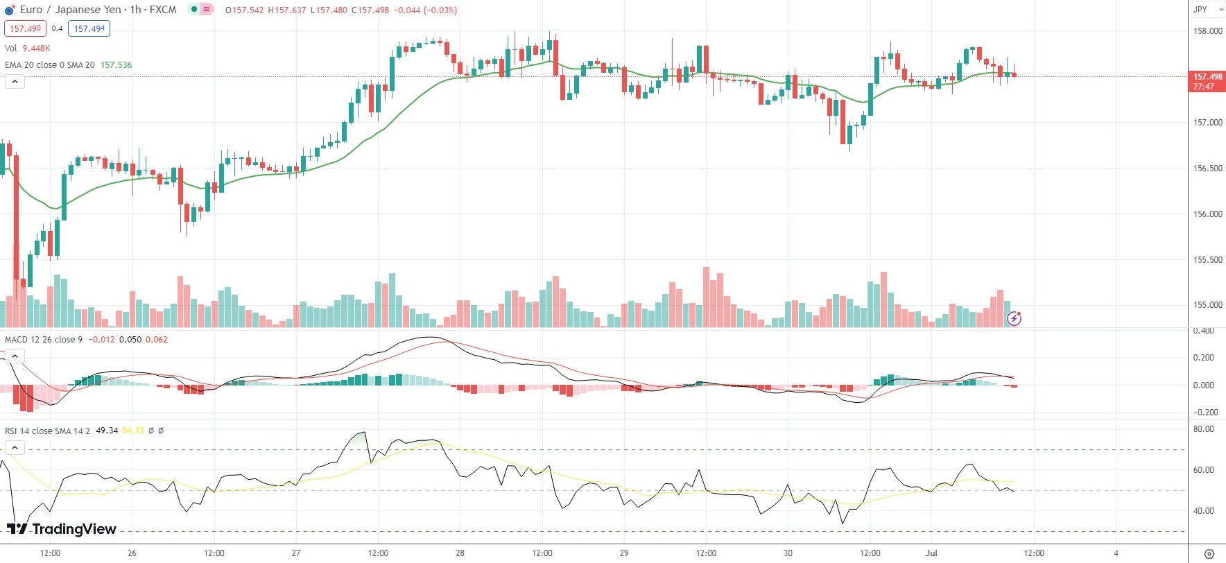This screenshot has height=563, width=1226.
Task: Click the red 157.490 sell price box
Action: tap(26, 28)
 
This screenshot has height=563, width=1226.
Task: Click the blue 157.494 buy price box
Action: tap(89, 28)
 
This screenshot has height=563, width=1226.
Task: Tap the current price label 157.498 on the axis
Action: tap(1207, 77)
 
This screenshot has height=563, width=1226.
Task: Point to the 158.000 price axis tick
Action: tap(1207, 31)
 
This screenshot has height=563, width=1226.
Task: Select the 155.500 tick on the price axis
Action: tap(1207, 260)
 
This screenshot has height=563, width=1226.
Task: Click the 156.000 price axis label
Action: tap(1207, 214)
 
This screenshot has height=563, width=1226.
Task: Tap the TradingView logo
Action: tap(62, 529)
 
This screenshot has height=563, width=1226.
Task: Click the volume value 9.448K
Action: tap(36, 49)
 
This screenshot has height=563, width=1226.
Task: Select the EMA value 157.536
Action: tap(116, 65)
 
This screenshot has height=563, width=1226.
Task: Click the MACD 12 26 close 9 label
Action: tap(44, 340)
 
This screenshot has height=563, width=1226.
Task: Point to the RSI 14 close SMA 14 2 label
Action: tap(47, 431)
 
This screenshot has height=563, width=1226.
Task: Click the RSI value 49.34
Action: tap(107, 431)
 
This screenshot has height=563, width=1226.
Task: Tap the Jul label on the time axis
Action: tap(931, 553)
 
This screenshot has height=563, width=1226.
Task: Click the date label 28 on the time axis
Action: tap(460, 553)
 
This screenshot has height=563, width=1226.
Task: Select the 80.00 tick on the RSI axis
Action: tap(1203, 429)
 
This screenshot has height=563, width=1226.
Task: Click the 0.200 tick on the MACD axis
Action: tap(1203, 358)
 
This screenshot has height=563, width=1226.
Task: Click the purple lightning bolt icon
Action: tap(1014, 319)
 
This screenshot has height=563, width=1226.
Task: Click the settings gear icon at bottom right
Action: tap(1209, 553)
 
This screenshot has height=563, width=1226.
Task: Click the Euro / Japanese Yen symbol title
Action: tap(98, 10)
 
